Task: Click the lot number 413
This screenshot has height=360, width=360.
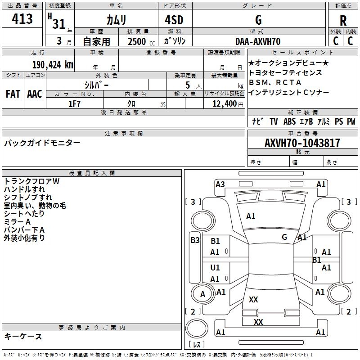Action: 22,18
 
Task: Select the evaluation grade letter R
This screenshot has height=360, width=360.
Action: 343,20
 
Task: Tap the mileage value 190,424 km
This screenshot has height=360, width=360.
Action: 53,65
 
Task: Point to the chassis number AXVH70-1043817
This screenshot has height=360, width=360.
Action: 302,143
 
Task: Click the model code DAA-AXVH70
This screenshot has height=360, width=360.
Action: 258,41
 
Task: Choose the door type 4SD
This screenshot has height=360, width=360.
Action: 174,20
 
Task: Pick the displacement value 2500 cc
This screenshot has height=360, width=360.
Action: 141,41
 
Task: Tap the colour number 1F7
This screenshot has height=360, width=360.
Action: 74,104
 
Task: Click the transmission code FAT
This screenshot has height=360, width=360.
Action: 13,94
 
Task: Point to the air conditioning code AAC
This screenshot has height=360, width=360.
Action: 35,94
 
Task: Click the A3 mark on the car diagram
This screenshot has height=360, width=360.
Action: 220,184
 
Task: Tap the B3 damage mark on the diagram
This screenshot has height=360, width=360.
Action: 195,240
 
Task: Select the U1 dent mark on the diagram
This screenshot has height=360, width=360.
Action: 215,267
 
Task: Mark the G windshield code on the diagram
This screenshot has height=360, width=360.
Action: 284,237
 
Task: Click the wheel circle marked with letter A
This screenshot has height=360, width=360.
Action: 202,293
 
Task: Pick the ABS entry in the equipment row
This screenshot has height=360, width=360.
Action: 289,121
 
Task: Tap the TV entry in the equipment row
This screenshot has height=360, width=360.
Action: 274,121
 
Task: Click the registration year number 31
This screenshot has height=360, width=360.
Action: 59,24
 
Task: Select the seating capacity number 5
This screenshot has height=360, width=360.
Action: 188,85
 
